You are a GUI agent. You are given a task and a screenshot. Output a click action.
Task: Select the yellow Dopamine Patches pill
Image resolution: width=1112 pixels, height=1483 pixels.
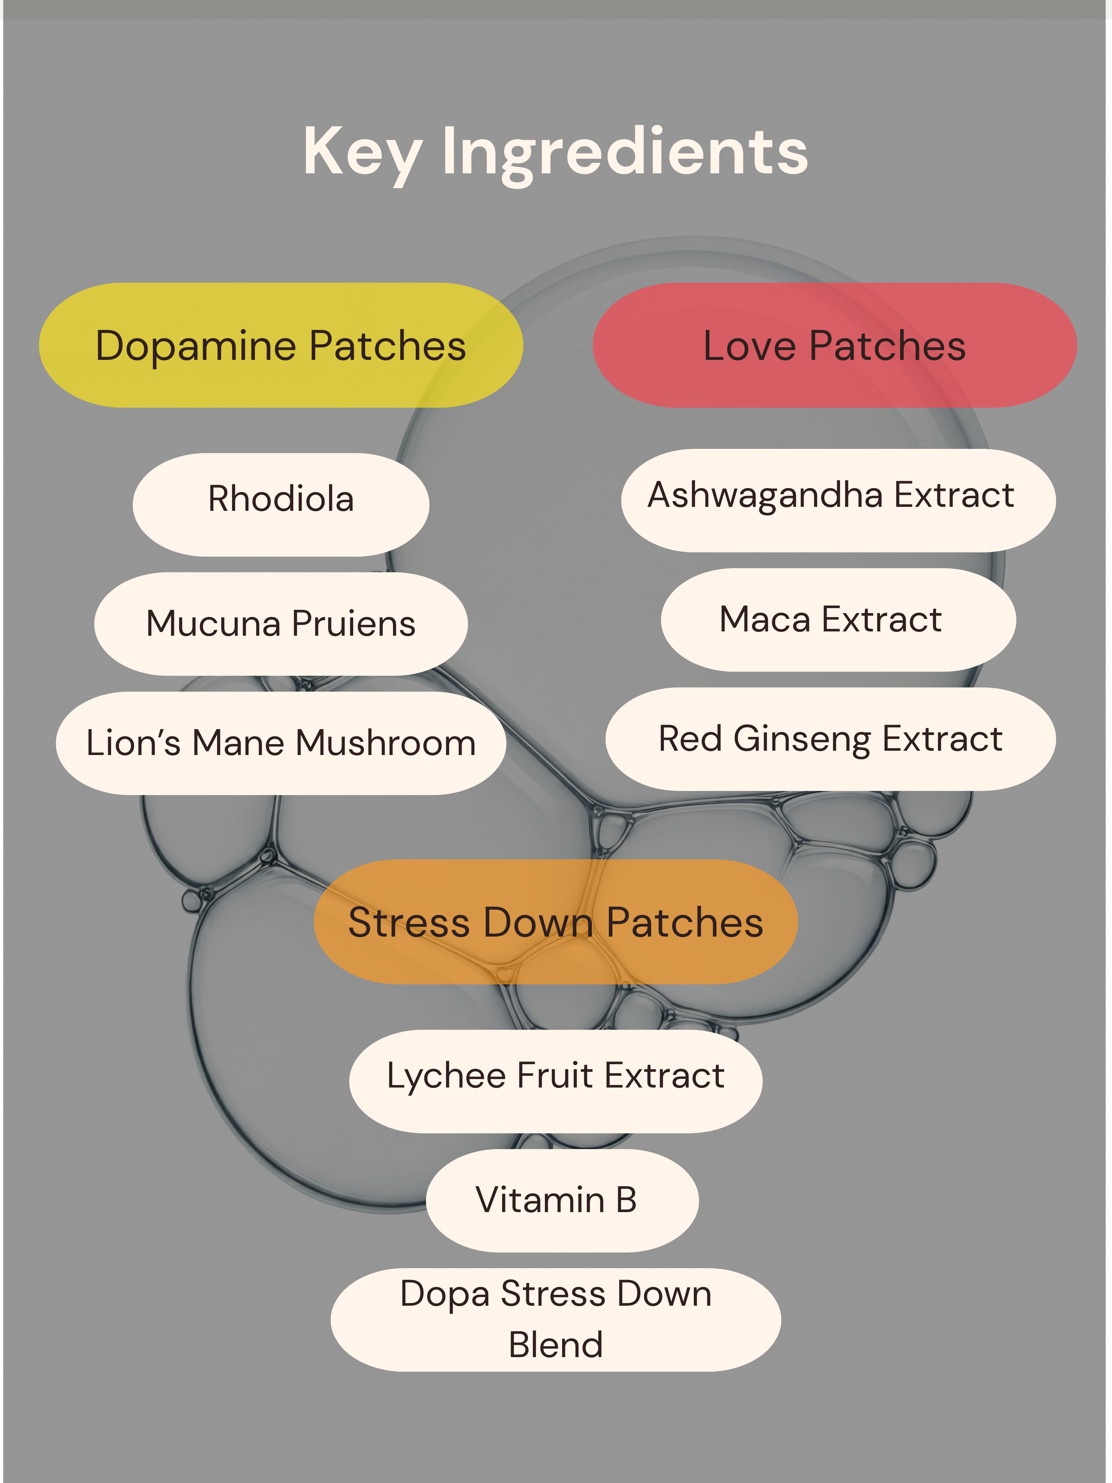click(x=281, y=345)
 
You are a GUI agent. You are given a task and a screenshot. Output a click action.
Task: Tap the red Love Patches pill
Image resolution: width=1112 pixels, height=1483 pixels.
click(x=835, y=345)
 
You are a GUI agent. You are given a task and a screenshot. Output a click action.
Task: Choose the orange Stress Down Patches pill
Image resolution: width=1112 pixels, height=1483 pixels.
click(x=556, y=922)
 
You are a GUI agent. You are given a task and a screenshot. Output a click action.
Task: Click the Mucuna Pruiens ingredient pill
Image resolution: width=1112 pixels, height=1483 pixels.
click(x=281, y=624)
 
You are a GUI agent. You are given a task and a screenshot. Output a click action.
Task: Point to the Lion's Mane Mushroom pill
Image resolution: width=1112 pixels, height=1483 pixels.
click(x=281, y=743)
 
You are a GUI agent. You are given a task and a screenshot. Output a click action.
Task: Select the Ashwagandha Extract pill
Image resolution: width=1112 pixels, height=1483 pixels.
click(x=838, y=500)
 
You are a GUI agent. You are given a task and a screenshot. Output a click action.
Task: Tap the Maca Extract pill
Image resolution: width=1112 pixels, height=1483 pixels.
click(x=838, y=620)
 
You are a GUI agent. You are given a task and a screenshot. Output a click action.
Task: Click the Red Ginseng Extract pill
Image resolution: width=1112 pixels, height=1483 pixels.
click(x=831, y=739)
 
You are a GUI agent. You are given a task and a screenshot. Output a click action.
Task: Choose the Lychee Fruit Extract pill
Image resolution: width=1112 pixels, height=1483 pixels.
click(x=556, y=1081)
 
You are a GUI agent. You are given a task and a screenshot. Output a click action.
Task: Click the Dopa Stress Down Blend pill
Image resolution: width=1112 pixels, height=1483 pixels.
click(x=556, y=1320)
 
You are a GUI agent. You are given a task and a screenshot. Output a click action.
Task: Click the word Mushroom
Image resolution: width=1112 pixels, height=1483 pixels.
click(x=386, y=743)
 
